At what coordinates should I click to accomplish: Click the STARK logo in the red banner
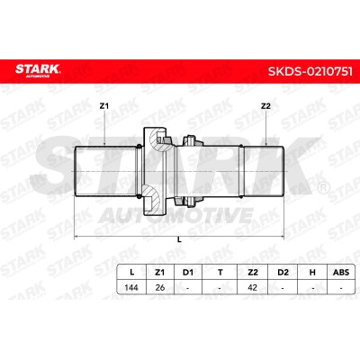(x=38, y=70)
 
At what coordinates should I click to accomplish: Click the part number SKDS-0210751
(x=310, y=71)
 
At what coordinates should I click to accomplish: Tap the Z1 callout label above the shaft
(x=104, y=106)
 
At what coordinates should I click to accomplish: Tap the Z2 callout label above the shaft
(x=265, y=106)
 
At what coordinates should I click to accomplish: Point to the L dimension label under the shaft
(x=179, y=239)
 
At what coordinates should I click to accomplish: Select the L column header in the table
(x=131, y=273)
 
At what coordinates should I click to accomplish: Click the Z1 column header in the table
(x=160, y=273)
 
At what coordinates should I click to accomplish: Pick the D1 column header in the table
(x=188, y=273)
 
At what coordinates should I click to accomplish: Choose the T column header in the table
(x=220, y=273)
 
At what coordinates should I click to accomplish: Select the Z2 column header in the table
(x=253, y=273)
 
